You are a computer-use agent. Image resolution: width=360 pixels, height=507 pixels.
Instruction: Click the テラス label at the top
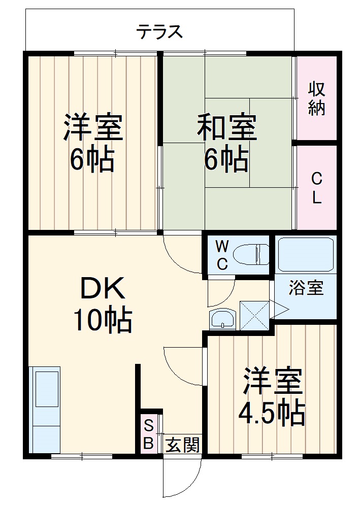tap(159, 32)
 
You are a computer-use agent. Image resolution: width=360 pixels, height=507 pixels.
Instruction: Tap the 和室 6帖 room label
tap(226, 143)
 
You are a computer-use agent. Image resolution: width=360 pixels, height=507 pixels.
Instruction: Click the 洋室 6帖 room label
tap(92, 143)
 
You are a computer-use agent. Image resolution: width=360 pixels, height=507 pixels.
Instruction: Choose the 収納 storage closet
tap(316, 98)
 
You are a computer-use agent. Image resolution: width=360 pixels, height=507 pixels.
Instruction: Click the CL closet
tap(316, 187)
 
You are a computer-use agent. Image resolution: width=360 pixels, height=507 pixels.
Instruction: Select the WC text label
tap(221, 255)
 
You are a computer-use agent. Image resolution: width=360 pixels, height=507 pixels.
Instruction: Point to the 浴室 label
tap(306, 288)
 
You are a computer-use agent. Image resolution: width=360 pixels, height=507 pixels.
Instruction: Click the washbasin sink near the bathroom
tap(222, 320)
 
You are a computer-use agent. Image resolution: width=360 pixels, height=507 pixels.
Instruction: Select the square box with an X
tap(254, 315)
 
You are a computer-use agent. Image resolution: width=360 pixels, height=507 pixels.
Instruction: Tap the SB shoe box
tap(148, 434)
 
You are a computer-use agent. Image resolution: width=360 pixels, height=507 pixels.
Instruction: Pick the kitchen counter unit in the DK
tap(45, 409)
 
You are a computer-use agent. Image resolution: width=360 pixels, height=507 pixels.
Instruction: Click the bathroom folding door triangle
tap(279, 309)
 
